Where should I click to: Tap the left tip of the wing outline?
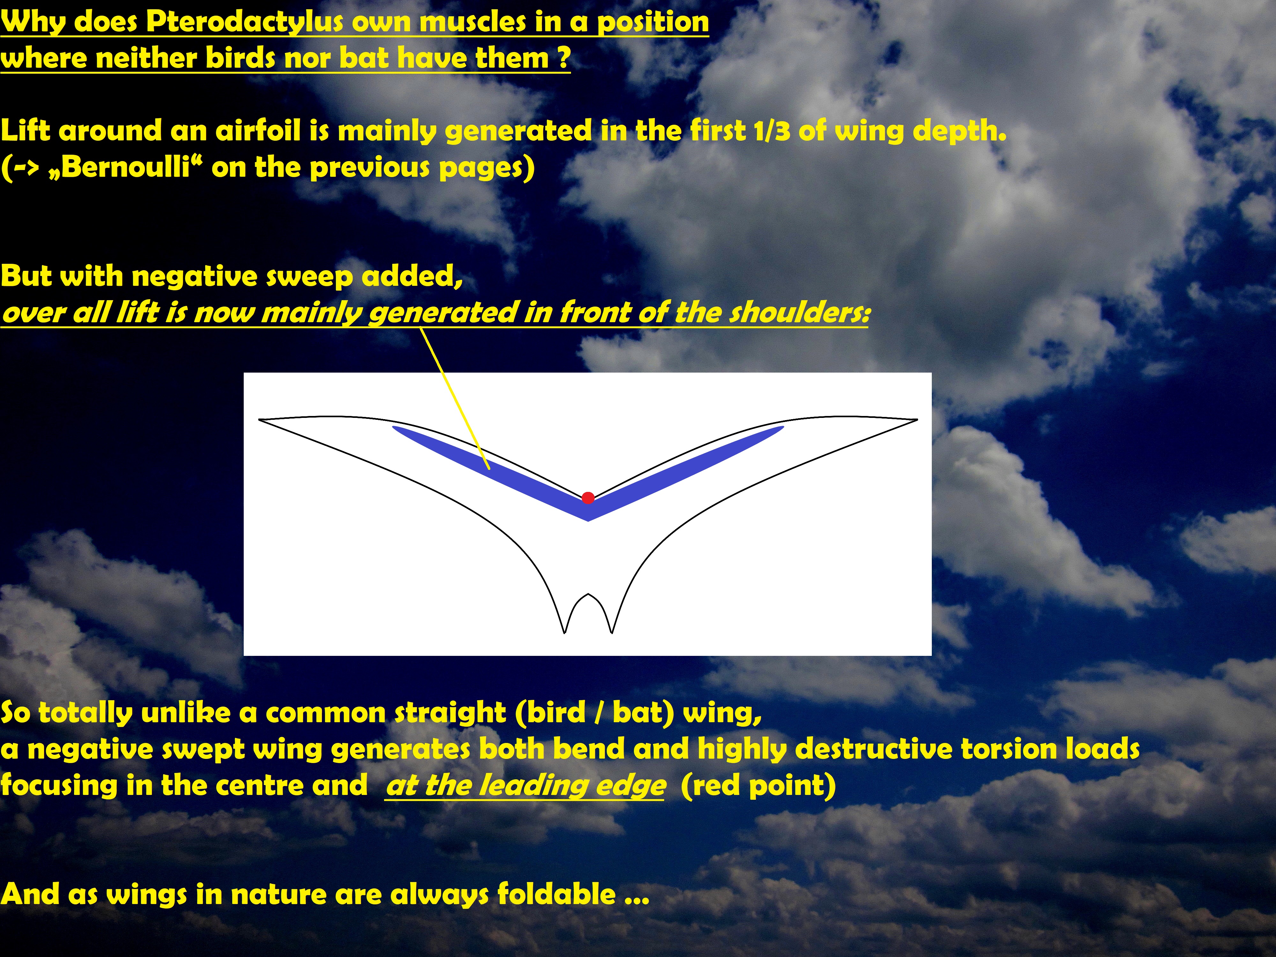click(x=259, y=420)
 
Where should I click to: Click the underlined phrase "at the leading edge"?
click(x=525, y=785)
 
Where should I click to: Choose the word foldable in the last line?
click(x=557, y=894)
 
